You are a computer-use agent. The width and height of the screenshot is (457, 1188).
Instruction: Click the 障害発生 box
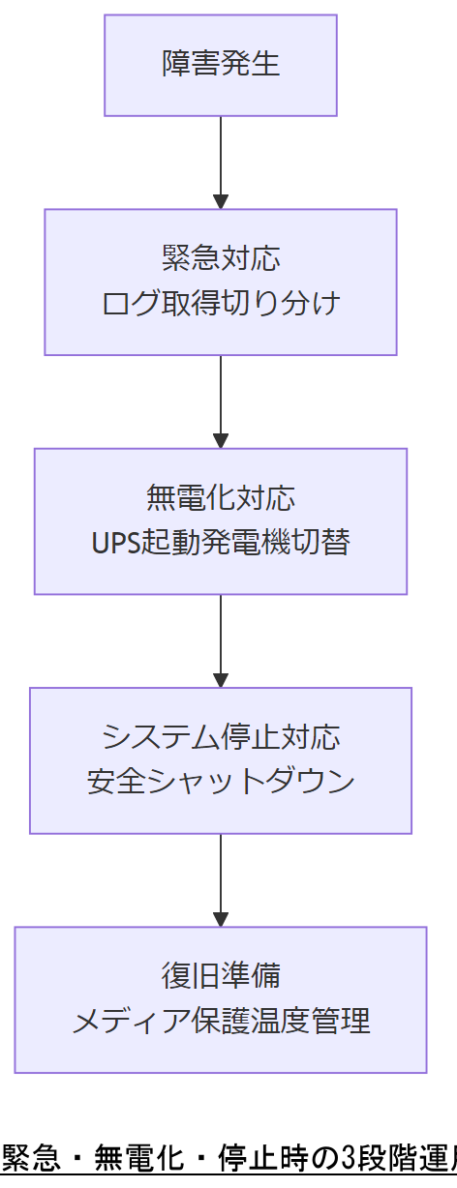click(221, 65)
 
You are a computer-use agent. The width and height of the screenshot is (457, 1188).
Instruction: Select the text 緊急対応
click(221, 258)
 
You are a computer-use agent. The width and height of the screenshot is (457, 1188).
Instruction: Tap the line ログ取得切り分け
click(221, 303)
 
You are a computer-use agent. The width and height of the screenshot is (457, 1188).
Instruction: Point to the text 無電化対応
click(221, 497)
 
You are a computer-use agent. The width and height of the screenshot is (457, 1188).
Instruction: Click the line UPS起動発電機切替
click(221, 542)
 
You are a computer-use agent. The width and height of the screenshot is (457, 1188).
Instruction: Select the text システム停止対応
click(221, 736)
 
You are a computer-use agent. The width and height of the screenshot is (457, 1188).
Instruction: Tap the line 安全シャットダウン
click(221, 781)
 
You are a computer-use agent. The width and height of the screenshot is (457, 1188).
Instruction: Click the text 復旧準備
click(221, 975)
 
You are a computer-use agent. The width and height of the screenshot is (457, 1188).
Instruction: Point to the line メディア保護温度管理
click(221, 1021)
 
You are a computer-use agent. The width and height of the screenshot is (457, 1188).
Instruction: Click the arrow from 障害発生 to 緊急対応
click(221, 160)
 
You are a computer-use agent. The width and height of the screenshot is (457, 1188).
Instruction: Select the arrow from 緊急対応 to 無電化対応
click(221, 399)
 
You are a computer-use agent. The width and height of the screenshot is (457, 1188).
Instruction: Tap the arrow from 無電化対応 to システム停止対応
click(221, 639)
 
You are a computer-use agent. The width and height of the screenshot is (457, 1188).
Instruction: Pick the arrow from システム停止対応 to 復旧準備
click(221, 877)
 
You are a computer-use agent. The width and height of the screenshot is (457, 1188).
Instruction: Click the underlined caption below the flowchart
click(228, 1157)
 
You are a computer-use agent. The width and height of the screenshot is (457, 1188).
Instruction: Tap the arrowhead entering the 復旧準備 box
click(221, 918)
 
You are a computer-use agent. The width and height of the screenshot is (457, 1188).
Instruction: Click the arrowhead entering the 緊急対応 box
click(221, 201)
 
